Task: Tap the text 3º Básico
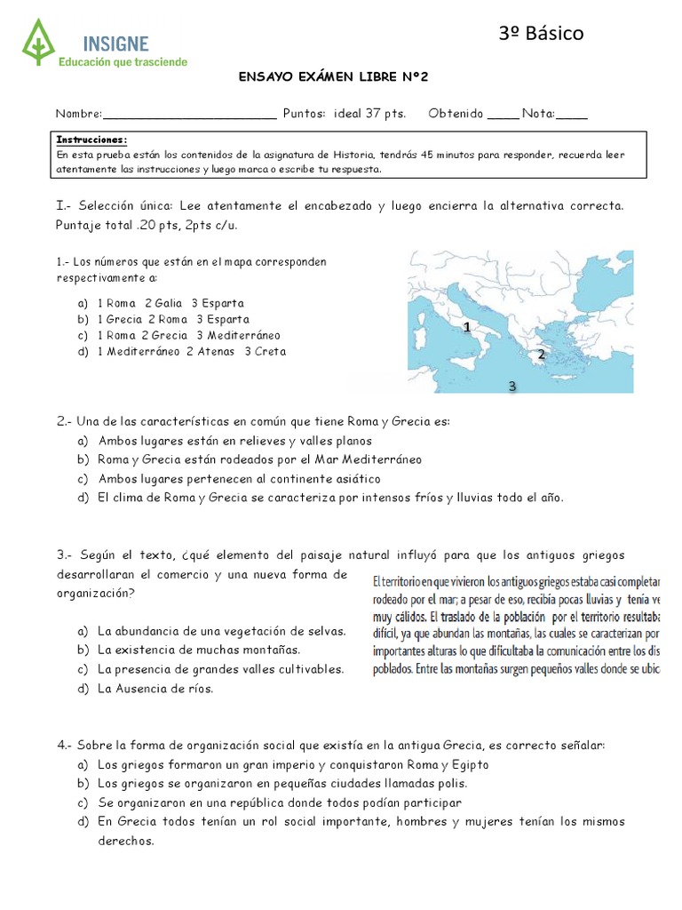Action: pos(541,34)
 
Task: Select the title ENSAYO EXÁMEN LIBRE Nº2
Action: pos(334,77)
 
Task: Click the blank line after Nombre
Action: pos(189,114)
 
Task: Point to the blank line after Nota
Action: pos(571,114)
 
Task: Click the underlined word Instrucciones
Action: pos(91,140)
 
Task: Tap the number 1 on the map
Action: pos(466,328)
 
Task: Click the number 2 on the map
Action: pos(541,354)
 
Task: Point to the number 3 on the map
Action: pos(511,386)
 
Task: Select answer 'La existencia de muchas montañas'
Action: pos(199,650)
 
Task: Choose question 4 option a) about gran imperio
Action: pos(293,764)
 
